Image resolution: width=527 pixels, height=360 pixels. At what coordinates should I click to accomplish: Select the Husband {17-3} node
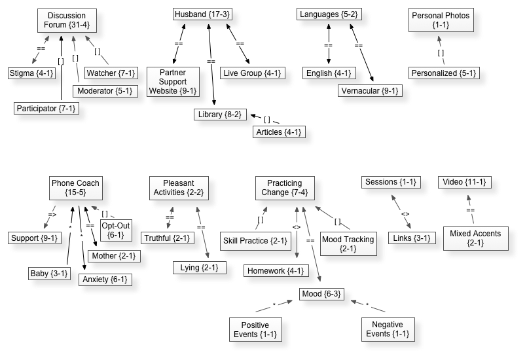(203, 14)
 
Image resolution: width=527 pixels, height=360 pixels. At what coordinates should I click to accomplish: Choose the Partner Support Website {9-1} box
(172, 81)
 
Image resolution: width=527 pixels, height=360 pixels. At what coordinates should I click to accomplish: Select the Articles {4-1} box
(279, 132)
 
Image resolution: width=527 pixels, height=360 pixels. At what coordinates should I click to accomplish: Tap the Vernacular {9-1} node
(370, 90)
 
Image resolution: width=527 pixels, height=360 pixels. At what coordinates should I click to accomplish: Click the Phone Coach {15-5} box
(75, 189)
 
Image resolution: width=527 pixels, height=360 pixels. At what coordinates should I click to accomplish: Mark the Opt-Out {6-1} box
(115, 230)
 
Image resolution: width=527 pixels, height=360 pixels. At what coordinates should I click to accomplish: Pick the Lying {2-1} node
(200, 267)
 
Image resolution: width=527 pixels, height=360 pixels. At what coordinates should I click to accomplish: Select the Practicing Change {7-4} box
(285, 189)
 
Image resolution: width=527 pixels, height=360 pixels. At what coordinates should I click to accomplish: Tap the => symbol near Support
(52, 213)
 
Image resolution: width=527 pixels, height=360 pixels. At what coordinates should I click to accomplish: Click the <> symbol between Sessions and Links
(405, 214)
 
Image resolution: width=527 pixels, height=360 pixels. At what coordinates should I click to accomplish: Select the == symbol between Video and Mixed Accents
(470, 210)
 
